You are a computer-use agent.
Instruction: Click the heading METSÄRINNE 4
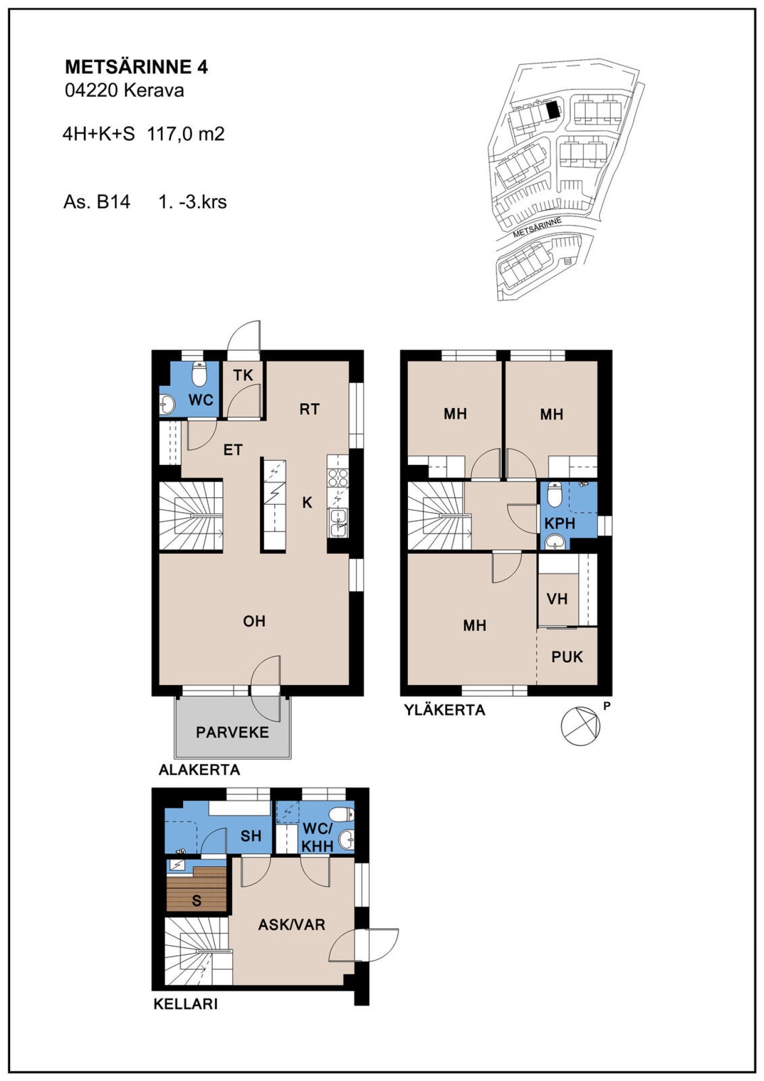coord(136,67)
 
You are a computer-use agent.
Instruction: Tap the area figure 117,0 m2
coord(186,133)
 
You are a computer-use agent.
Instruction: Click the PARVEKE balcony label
coord(232,732)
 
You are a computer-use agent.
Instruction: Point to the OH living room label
coord(254,621)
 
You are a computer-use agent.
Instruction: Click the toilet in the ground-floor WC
coord(199,374)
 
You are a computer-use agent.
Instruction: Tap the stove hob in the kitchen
coord(337,477)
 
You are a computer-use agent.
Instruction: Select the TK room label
coord(243,375)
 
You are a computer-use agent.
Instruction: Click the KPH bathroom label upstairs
coord(560,524)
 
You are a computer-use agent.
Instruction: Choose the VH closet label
coord(557,599)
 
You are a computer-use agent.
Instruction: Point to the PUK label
coord(567,657)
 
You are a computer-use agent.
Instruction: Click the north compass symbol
coord(581,726)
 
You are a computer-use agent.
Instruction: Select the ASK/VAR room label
coord(291,925)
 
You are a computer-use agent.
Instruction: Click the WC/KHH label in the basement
coord(317,837)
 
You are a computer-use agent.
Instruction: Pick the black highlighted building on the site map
coord(553,110)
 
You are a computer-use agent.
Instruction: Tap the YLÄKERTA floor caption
coord(445,710)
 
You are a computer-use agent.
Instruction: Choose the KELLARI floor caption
coord(186,1005)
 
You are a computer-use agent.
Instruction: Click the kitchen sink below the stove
coord(337,522)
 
